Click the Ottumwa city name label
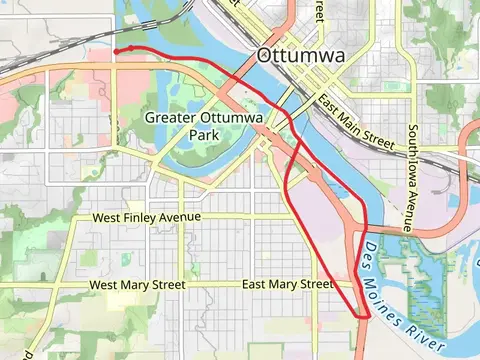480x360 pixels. pos(300,56)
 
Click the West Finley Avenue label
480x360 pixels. pos(146,217)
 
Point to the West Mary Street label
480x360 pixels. pos(137,285)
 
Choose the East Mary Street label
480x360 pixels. pos(287,285)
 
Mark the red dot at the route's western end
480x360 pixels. pos(116,50)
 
